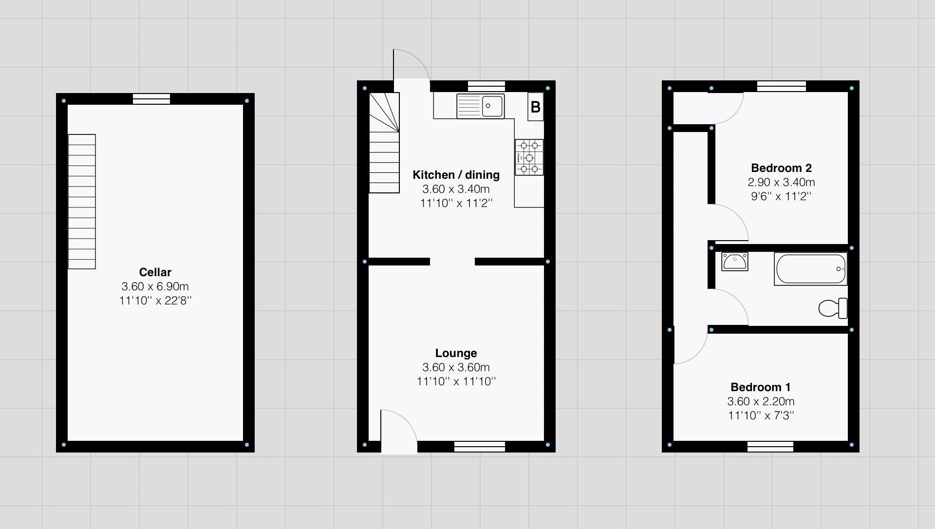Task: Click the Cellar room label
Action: pyautogui.click(x=155, y=272)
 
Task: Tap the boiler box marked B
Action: pyautogui.click(x=535, y=107)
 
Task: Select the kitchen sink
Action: pyautogui.click(x=480, y=106)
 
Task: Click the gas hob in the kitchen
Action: pyautogui.click(x=529, y=157)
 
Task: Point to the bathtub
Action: pyautogui.click(x=810, y=269)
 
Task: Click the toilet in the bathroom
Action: pyautogui.click(x=833, y=308)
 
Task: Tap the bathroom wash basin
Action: pyautogui.click(x=734, y=262)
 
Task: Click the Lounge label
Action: pyautogui.click(x=456, y=353)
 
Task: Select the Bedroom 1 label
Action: pyautogui.click(x=760, y=387)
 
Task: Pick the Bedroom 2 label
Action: pyautogui.click(x=781, y=168)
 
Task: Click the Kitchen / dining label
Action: pyautogui.click(x=456, y=175)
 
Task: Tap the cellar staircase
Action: pyautogui.click(x=82, y=201)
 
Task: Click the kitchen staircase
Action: pyautogui.click(x=384, y=143)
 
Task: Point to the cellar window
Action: pyautogui.click(x=151, y=99)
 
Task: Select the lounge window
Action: pyautogui.click(x=479, y=446)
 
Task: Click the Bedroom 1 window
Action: pyautogui.click(x=770, y=446)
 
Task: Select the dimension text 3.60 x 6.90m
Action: pyautogui.click(x=155, y=286)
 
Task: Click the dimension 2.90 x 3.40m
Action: pyautogui.click(x=781, y=182)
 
